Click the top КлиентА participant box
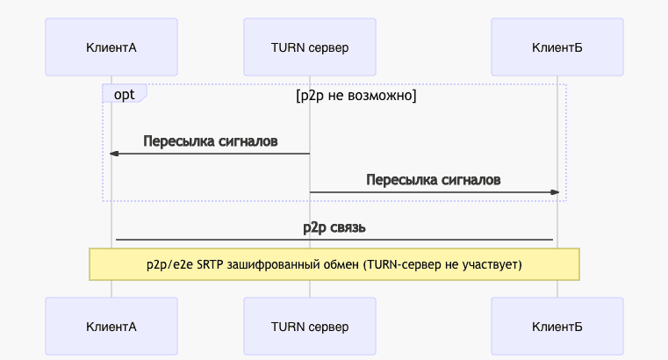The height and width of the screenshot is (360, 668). [111, 47]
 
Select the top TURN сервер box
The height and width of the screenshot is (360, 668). [310, 47]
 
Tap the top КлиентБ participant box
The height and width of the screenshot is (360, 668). [557, 47]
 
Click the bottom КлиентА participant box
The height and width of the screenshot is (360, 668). [111, 326]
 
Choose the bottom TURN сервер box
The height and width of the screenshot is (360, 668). [310, 326]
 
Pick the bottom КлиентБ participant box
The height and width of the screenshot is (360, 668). [557, 326]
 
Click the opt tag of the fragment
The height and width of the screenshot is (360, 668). [124, 94]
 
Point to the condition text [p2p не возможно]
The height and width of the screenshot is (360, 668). [356, 95]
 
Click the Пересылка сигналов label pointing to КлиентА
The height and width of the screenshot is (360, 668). [211, 141]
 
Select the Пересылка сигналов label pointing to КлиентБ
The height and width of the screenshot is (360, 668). [434, 180]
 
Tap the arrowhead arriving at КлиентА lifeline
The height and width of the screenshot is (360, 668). [114, 154]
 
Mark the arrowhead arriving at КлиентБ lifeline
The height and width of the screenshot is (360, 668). [554, 191]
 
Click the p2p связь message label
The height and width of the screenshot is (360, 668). [334, 227]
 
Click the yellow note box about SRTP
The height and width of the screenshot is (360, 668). [334, 263]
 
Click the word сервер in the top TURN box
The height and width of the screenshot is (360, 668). [329, 47]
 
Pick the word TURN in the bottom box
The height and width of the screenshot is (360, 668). [289, 326]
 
